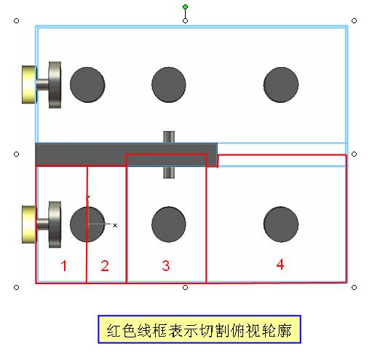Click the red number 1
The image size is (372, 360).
click(x=64, y=265)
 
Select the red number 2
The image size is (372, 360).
click(x=105, y=265)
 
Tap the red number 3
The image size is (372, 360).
click(x=166, y=265)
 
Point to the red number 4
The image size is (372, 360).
click(x=280, y=265)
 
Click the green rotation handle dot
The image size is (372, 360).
click(x=185, y=7)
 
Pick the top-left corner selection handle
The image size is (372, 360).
click(x=16, y=21)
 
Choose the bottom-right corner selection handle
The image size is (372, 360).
click(x=354, y=288)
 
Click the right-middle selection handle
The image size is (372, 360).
click(x=354, y=154)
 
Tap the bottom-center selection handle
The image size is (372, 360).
click(x=185, y=288)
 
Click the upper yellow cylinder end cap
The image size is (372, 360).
click(x=29, y=85)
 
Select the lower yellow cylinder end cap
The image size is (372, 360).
click(x=29, y=224)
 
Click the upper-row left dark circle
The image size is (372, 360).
click(x=87, y=85)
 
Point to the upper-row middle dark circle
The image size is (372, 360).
click(x=169, y=85)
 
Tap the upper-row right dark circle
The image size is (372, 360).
click(x=281, y=85)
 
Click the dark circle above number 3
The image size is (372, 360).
click(x=169, y=224)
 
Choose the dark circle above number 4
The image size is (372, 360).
click(x=281, y=224)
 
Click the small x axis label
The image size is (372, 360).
click(x=115, y=225)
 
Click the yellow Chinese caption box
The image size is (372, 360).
click(x=199, y=329)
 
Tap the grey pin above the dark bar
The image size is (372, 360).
click(x=169, y=137)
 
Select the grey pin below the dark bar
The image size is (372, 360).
click(x=169, y=172)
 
